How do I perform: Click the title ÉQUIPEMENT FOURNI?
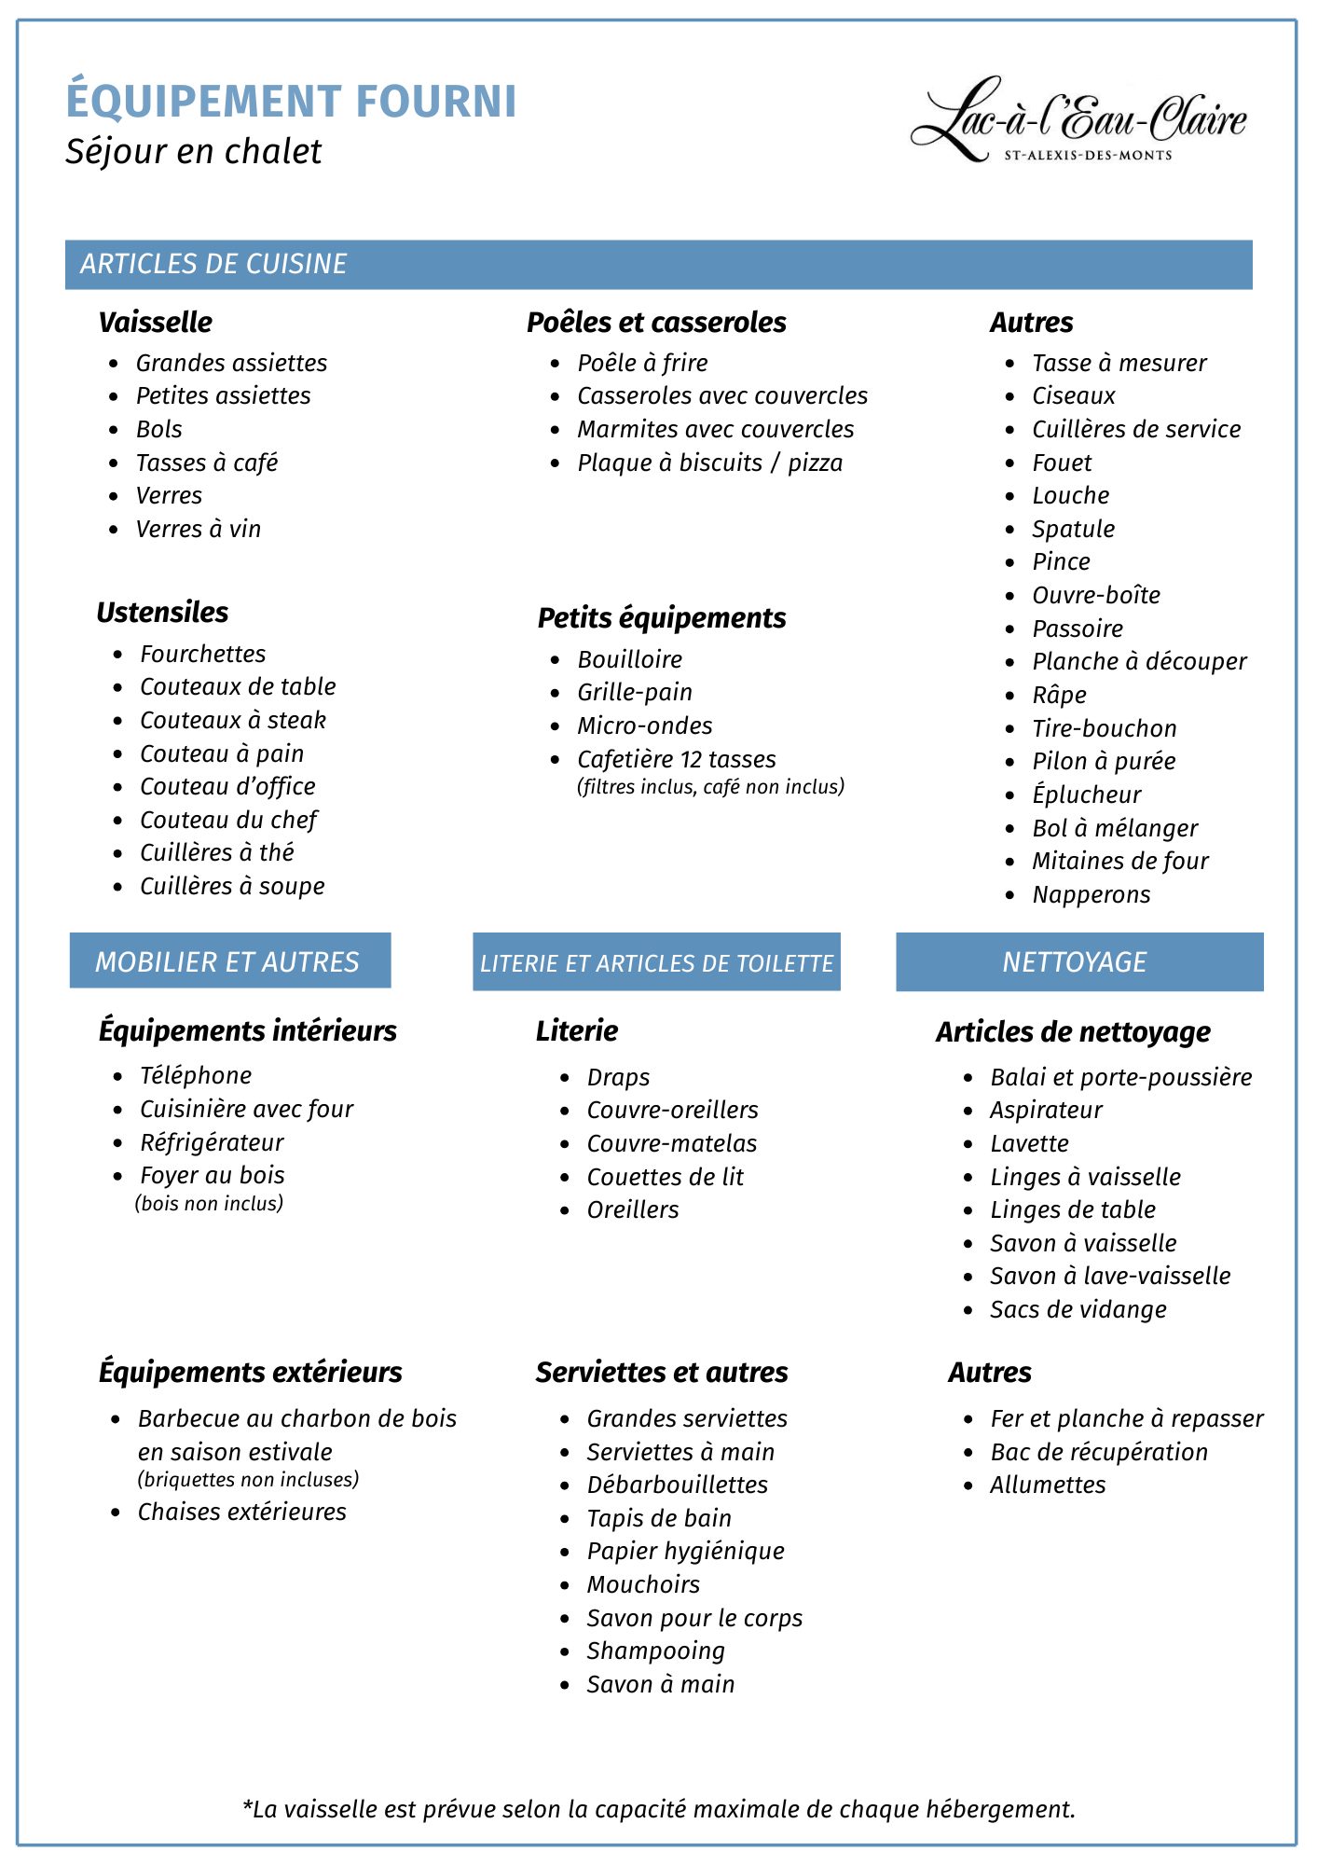point(291,102)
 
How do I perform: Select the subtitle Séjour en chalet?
point(193,152)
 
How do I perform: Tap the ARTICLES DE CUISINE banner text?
point(213,264)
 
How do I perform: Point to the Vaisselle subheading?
point(156,323)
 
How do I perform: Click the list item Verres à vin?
point(198,530)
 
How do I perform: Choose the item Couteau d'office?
point(227,787)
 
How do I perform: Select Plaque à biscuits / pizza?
point(709,463)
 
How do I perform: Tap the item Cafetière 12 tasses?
point(676,760)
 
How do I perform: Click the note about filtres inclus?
point(710,787)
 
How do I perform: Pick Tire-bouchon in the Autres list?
point(1104,729)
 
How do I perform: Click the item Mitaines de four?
point(1119,862)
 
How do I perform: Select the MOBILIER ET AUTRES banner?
point(227,962)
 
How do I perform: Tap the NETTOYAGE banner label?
point(1074,962)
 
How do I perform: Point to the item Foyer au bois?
point(212,1176)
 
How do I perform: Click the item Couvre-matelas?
point(671,1144)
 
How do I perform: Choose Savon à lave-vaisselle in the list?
point(1109,1277)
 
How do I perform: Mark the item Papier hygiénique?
point(685,1552)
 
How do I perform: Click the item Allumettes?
point(1047,1485)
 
